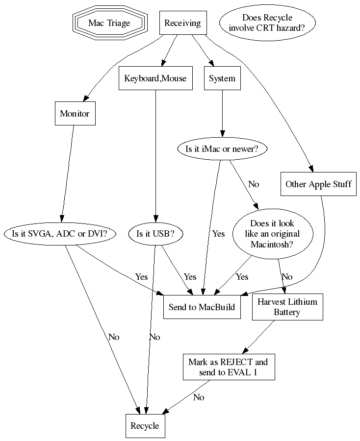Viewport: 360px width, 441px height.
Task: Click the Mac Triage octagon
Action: click(x=109, y=23)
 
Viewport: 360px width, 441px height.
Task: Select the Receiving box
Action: click(x=182, y=23)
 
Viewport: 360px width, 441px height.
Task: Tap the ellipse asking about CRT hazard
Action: click(x=267, y=23)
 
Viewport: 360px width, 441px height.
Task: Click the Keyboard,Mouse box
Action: click(x=155, y=78)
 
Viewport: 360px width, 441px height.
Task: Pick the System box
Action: click(x=222, y=78)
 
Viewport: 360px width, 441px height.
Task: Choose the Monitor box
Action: click(x=75, y=114)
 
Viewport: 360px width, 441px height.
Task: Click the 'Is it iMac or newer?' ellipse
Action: click(x=222, y=149)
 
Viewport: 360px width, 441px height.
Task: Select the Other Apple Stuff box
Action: click(x=318, y=184)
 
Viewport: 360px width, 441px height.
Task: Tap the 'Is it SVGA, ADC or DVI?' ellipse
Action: click(x=59, y=234)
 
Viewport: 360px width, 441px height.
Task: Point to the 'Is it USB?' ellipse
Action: click(x=155, y=234)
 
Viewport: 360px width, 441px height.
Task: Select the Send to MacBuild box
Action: click(x=202, y=307)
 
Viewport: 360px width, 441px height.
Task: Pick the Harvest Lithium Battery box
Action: click(x=287, y=307)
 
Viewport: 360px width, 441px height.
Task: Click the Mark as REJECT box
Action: click(x=228, y=367)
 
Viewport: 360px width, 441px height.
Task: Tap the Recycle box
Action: click(x=145, y=426)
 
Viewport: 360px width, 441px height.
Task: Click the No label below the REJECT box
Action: click(x=199, y=397)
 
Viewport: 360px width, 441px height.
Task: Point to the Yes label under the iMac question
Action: click(x=218, y=234)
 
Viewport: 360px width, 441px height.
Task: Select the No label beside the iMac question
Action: click(x=254, y=184)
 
